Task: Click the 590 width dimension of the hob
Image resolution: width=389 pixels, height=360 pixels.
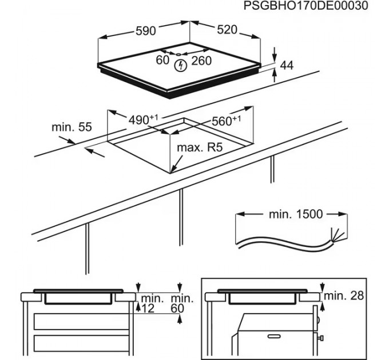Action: (x=146, y=31)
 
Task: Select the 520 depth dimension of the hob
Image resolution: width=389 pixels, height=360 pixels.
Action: (x=227, y=30)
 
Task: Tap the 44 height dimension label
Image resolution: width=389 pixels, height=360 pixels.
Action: (x=286, y=66)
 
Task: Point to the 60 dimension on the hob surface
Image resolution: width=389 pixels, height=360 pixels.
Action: (x=162, y=60)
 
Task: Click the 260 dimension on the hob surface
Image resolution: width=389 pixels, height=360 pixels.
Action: (x=201, y=60)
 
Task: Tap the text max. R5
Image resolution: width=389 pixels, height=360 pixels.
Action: (x=199, y=148)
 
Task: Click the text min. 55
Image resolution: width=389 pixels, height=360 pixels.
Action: (x=72, y=127)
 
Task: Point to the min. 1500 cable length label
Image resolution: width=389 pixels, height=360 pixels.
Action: (x=295, y=214)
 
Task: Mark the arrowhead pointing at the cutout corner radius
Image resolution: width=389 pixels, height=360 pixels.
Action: (x=173, y=170)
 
